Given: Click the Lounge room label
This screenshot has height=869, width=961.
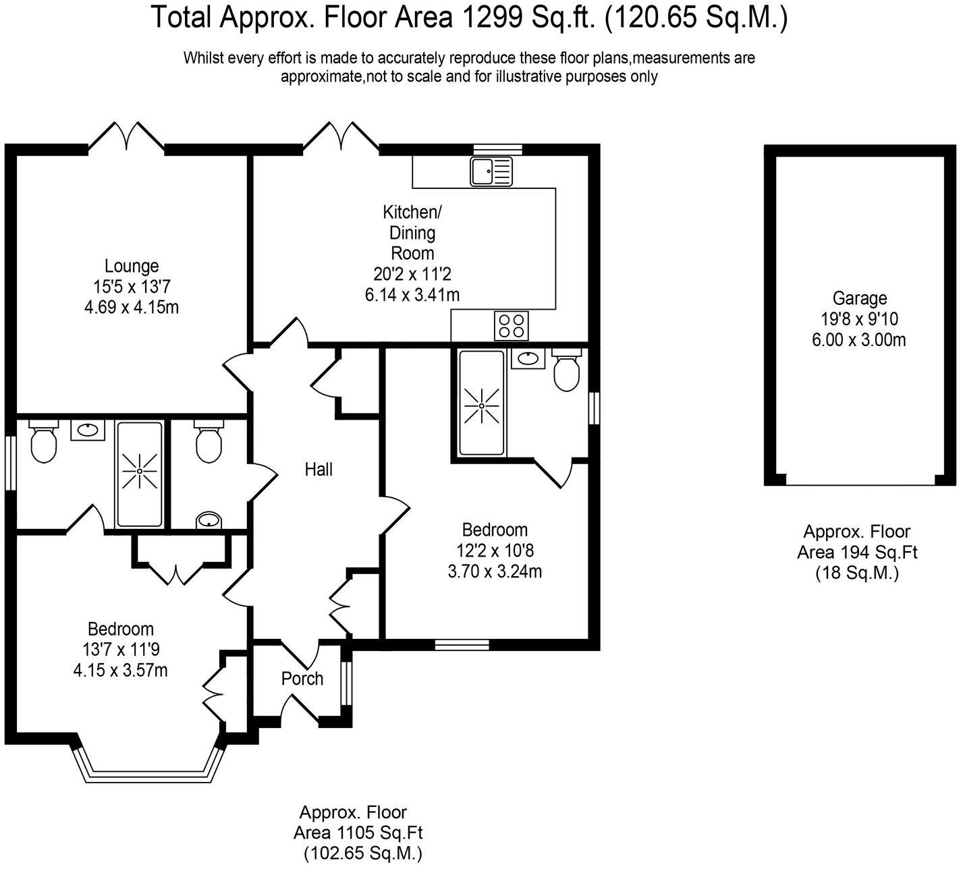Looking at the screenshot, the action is [x=132, y=266].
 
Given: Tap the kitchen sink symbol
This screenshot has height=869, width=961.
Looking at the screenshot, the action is [x=491, y=171].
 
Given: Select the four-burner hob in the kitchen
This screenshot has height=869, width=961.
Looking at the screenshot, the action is [x=511, y=326].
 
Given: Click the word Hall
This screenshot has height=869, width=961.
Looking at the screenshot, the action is [x=319, y=470].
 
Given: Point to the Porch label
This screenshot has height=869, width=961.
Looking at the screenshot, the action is [x=302, y=678].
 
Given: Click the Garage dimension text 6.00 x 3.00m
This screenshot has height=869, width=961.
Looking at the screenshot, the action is [x=858, y=339].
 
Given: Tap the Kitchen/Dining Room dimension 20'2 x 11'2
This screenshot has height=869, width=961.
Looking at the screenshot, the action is [x=412, y=274].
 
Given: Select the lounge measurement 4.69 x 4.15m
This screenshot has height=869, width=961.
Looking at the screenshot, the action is [x=132, y=307].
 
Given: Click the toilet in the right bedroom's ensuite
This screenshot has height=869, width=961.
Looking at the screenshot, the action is [x=567, y=369].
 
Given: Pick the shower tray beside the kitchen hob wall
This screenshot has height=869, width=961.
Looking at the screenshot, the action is [x=481, y=403].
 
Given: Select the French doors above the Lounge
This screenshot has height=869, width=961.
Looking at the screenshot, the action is [x=126, y=136].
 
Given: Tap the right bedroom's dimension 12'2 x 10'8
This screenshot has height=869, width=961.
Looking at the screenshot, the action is [x=495, y=551].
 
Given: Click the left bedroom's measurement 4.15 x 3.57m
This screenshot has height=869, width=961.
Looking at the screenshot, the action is [x=121, y=670].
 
